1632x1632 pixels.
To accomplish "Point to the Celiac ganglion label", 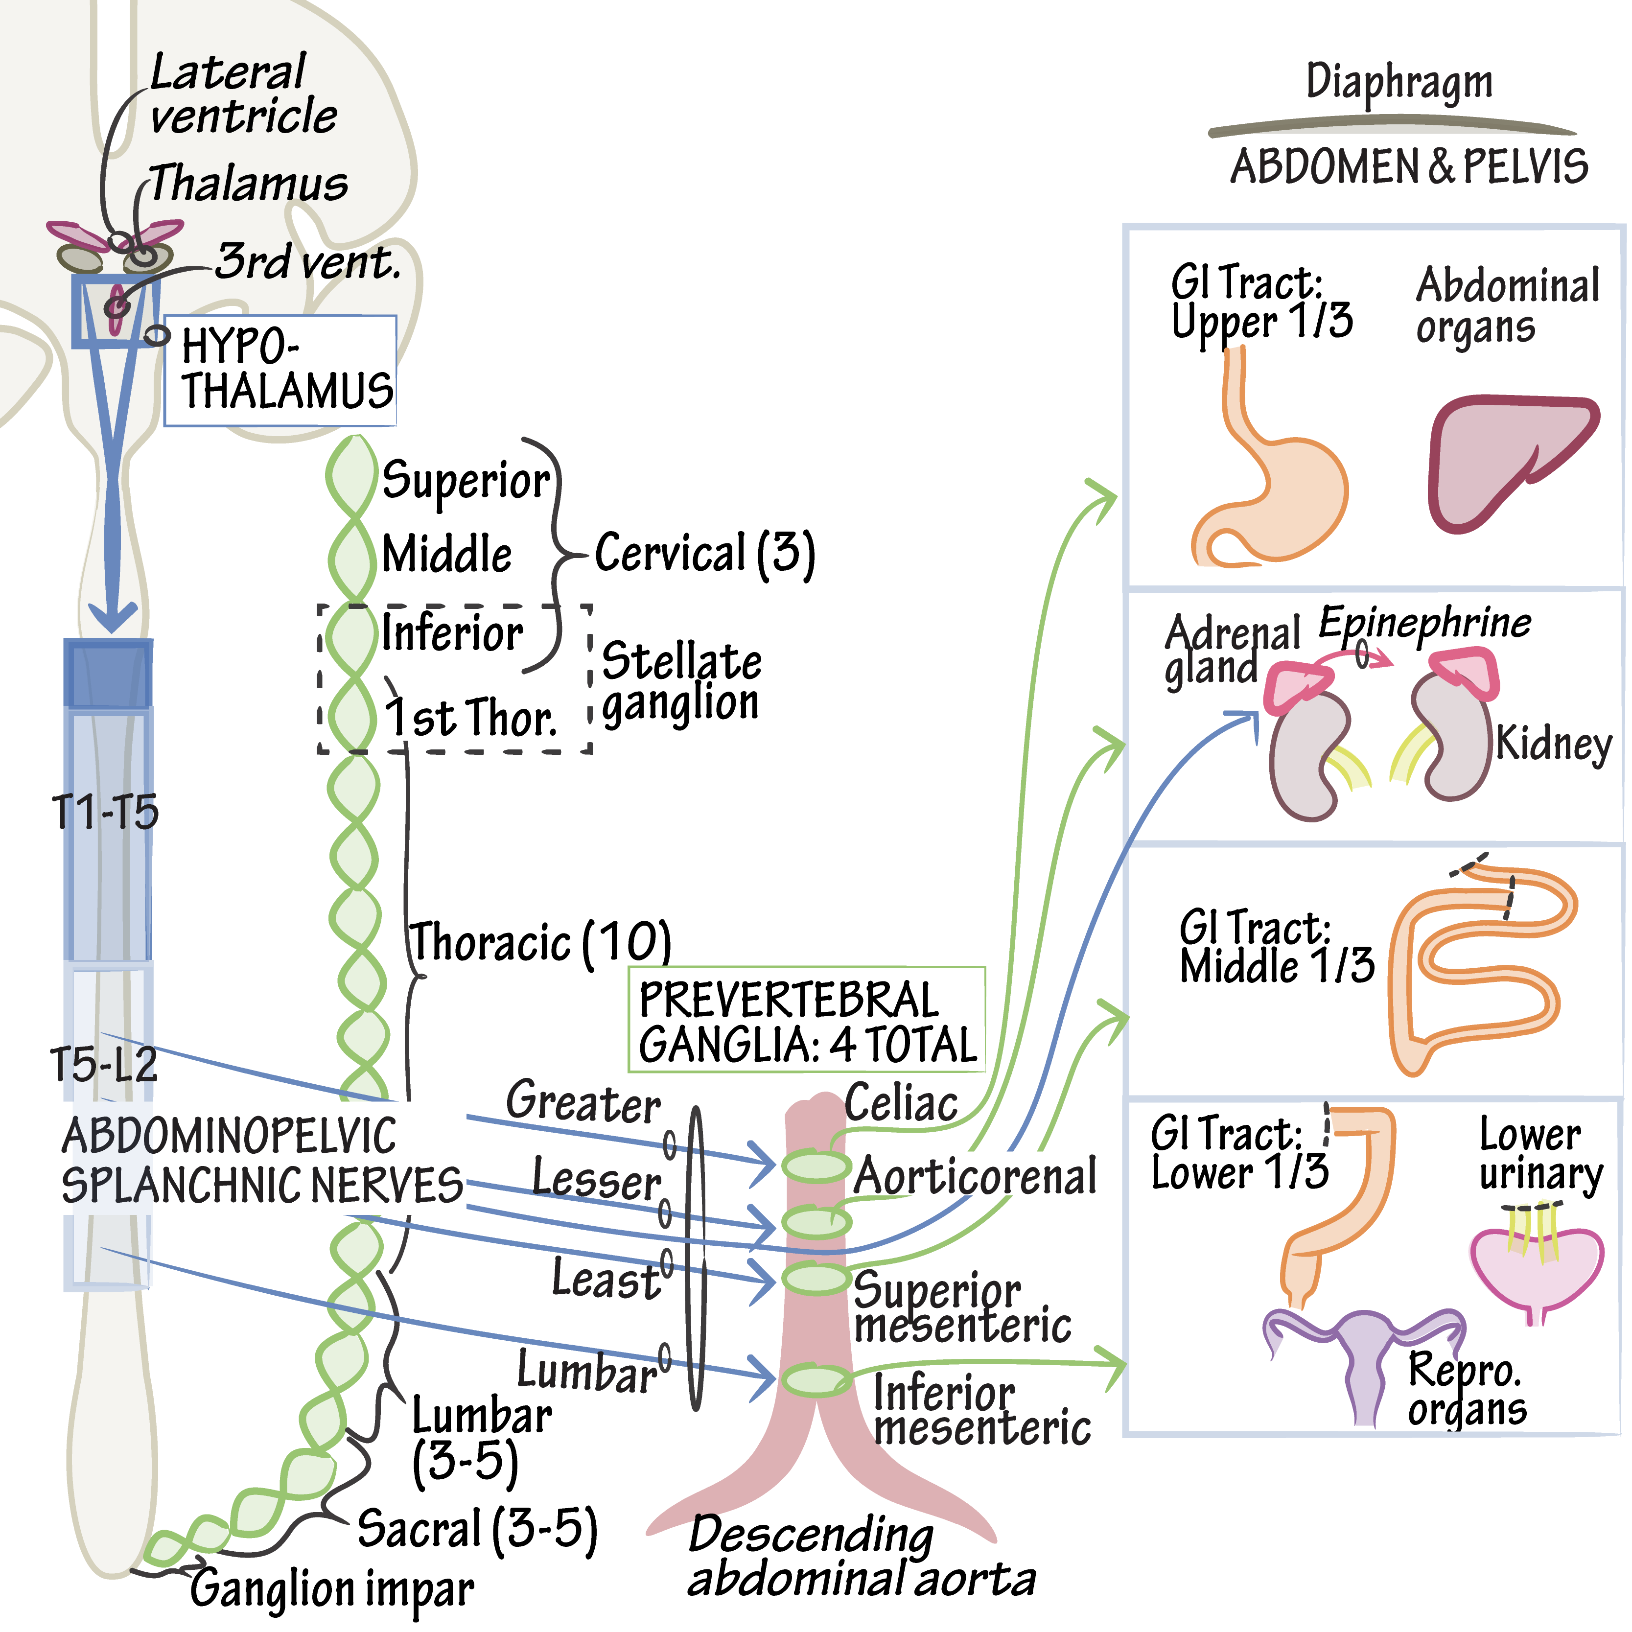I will click(x=901, y=1103).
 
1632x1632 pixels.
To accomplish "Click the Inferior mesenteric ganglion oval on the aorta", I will click(x=815, y=1380).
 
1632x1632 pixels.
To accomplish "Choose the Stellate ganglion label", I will click(x=681, y=682).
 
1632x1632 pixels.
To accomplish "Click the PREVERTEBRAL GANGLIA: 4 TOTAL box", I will click(x=807, y=1021).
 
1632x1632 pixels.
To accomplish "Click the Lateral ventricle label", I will click(x=242, y=94).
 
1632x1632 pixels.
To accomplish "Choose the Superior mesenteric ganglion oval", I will click(x=815, y=1278).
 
